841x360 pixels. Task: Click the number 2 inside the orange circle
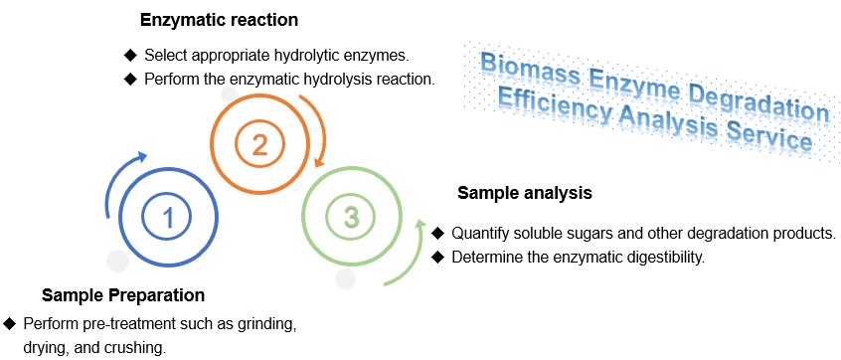pos(259,145)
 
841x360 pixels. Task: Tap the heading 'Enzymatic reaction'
pos(219,20)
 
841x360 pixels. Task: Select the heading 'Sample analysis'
pos(524,193)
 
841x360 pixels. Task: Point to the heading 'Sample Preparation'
pos(123,295)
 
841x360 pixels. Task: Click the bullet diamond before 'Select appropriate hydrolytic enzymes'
pos(129,54)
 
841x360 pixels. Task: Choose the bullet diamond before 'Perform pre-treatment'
pos(9,324)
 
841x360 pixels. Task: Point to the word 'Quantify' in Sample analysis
pos(482,234)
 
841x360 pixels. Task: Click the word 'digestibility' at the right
pos(665,258)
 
